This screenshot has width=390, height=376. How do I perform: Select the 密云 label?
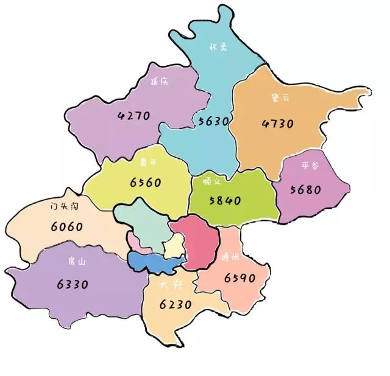point(277,97)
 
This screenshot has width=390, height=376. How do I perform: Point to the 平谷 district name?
point(310,165)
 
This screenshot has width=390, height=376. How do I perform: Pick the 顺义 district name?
point(222,181)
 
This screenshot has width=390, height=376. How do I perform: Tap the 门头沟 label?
point(64,206)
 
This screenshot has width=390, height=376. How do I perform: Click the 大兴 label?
point(168,284)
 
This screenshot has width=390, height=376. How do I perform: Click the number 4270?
point(134,115)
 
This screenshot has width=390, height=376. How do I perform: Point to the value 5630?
point(214,121)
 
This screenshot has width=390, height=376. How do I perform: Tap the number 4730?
point(278,124)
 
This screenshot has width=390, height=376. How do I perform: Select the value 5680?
point(305,189)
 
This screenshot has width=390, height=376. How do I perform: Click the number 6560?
point(146,182)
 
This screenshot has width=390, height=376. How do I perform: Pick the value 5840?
point(225,200)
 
